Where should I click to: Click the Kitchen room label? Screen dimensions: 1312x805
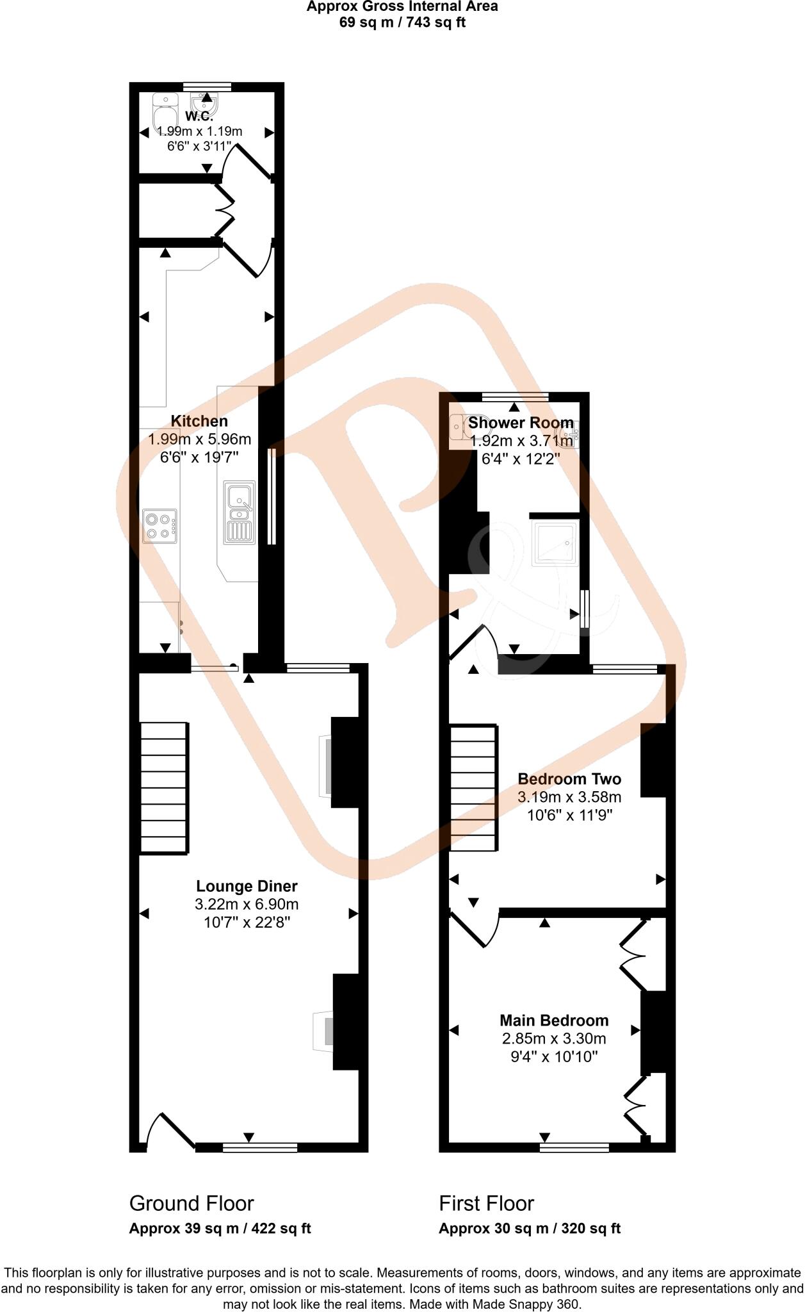pos(199,422)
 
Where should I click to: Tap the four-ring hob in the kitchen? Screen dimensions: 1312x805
pos(159,526)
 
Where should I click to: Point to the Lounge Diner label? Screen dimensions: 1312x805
pos(247,887)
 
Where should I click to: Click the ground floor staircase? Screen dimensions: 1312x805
pos(164,787)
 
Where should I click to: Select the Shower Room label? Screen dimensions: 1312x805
pos(520,423)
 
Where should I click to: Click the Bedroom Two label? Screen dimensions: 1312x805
pos(569,780)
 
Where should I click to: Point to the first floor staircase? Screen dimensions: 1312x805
pos(474,787)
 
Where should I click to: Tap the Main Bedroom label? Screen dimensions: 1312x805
pos(554,1021)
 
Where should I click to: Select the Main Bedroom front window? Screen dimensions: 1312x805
pos(574,1147)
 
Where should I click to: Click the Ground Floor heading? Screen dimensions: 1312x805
pos(191,1204)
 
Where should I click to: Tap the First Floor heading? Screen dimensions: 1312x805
pos(486,1204)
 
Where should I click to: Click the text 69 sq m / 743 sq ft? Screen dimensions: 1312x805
pos(402,23)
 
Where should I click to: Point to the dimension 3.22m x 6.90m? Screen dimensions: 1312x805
pos(247,905)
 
